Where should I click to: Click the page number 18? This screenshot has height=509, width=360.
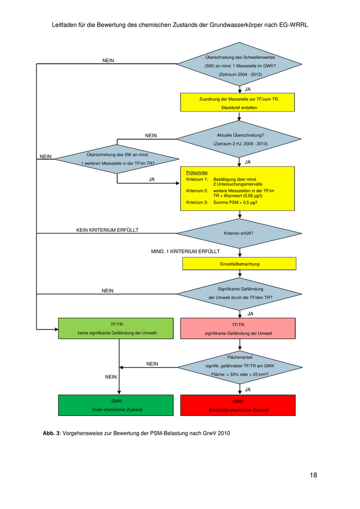tap(313, 475)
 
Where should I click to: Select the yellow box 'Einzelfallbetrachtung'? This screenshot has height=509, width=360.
tap(239, 264)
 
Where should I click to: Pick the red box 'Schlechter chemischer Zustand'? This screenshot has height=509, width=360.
tap(238, 405)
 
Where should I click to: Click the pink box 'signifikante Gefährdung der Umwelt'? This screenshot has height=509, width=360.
tap(238, 329)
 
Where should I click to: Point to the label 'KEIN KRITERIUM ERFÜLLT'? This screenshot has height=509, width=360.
tap(107, 229)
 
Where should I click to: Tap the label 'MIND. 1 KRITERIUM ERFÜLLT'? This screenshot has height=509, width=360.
tap(185, 251)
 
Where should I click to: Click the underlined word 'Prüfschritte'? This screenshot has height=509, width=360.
tap(196, 173)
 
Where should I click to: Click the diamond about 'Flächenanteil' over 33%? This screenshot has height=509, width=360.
tap(240, 366)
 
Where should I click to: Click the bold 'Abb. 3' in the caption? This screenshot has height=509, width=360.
tap(51, 433)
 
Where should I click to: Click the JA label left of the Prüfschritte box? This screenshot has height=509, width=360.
tap(152, 179)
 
